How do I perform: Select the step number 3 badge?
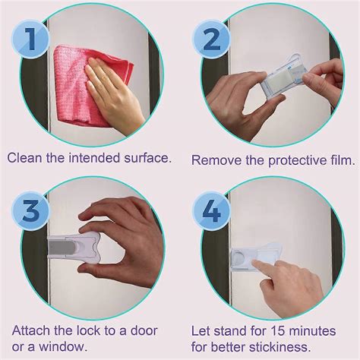coord(30,210)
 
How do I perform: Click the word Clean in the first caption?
coord(25,158)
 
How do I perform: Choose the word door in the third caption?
coord(150,330)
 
